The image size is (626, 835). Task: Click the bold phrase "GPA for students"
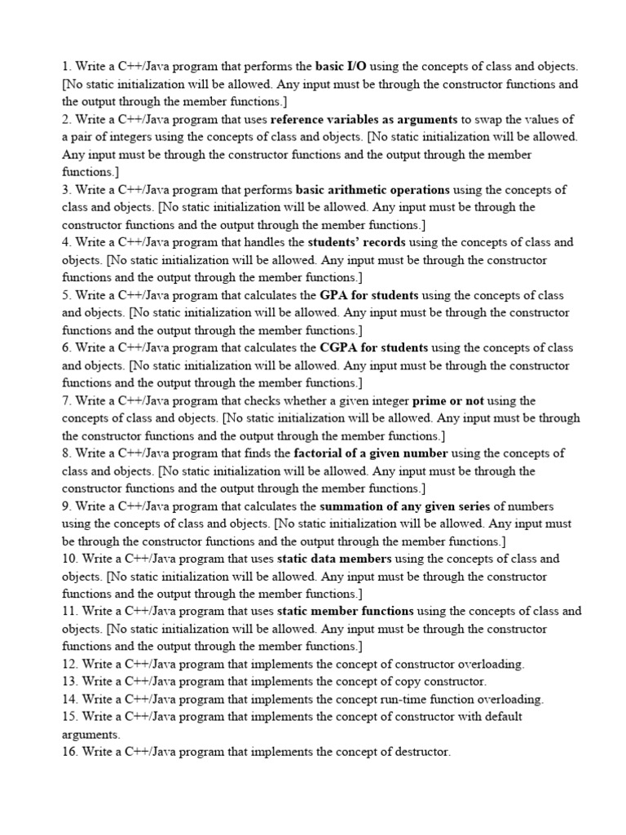point(369,295)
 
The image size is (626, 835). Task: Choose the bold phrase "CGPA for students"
point(374,347)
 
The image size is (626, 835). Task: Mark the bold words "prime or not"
point(448,400)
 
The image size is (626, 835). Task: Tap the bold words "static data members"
point(334,559)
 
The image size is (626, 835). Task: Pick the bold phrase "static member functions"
point(346,611)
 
